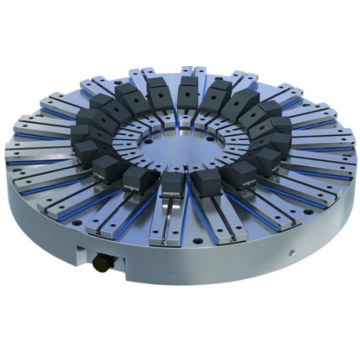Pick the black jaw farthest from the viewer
(188, 91)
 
